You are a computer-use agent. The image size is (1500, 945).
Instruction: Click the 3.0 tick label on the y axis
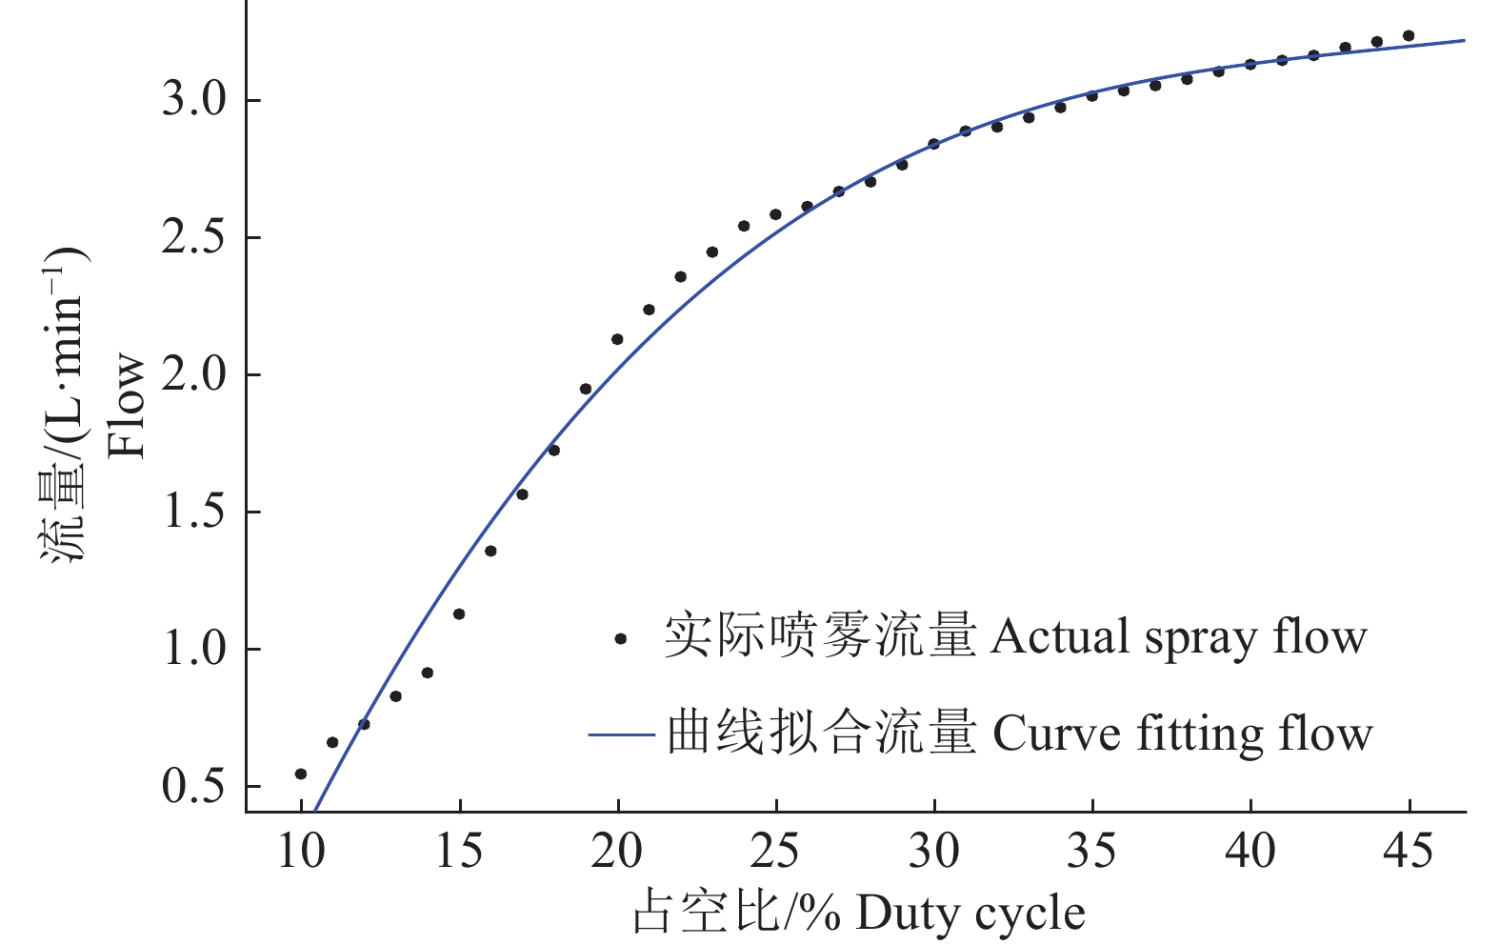(x=193, y=100)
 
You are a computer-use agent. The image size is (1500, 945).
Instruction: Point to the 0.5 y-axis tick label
(x=193, y=787)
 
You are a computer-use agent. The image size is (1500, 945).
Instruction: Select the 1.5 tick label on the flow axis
(x=193, y=513)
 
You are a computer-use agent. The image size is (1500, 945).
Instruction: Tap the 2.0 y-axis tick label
(x=193, y=375)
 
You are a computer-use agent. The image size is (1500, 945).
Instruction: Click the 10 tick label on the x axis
(x=301, y=851)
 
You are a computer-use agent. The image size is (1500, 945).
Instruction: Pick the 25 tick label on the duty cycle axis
(x=775, y=851)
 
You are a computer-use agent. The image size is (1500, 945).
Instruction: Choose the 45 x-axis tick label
(x=1408, y=851)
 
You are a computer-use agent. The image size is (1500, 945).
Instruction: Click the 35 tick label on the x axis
(x=1091, y=851)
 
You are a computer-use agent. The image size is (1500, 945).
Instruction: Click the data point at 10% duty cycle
(x=301, y=774)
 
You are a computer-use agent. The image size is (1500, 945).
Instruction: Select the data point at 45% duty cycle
(x=1409, y=36)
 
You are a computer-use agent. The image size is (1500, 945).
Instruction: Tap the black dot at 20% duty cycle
(x=617, y=339)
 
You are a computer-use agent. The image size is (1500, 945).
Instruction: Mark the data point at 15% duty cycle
(x=459, y=614)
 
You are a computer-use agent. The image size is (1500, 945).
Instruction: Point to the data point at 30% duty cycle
(x=933, y=144)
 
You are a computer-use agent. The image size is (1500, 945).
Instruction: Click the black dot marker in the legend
(x=621, y=639)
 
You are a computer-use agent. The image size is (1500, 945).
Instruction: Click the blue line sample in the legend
(x=621, y=735)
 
